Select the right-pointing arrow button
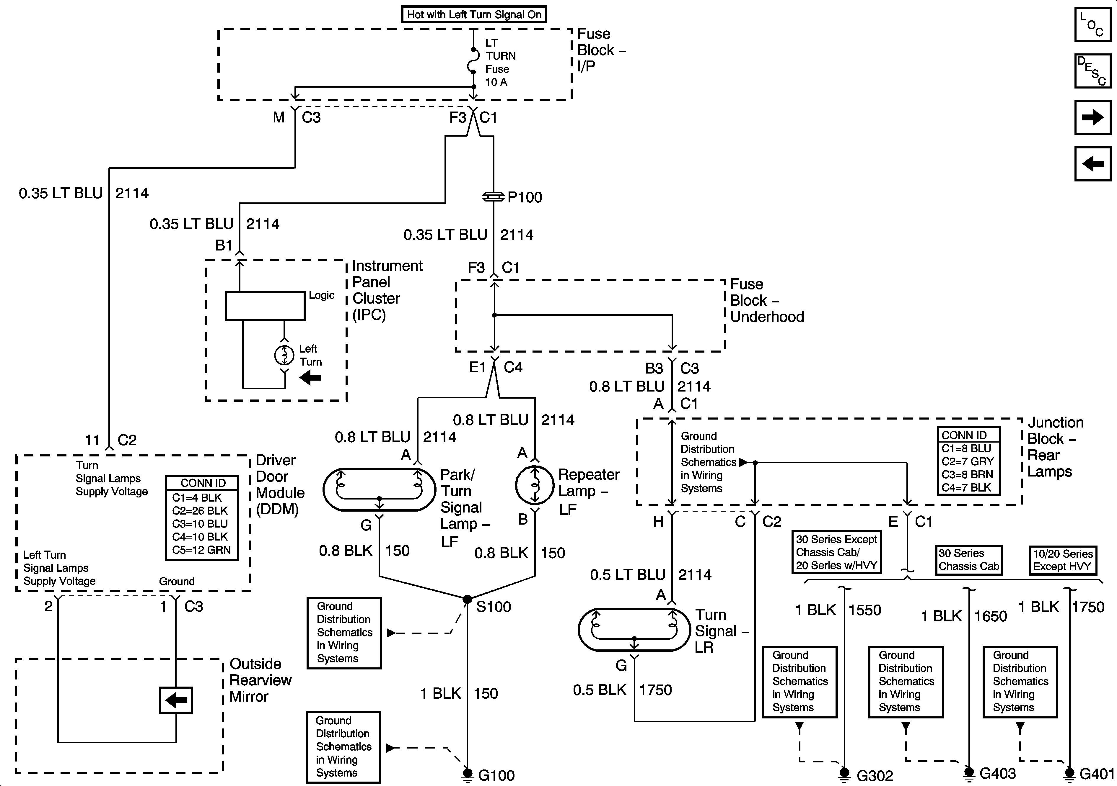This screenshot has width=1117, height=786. pos(1093,117)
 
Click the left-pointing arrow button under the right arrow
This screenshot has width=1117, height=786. pos(1093,163)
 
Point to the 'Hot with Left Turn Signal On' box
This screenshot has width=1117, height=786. pos(474,14)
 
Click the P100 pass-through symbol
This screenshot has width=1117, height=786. pos(493,197)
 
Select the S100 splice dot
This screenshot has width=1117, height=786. pos(467,599)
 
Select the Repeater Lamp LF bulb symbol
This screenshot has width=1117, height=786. pos(535,485)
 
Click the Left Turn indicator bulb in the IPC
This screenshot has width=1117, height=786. pos(285,355)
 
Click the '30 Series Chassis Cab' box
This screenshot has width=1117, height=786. pos(969,560)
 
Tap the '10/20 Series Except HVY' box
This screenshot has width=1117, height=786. pos(1063,560)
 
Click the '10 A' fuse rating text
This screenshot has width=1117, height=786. pos(496,82)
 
